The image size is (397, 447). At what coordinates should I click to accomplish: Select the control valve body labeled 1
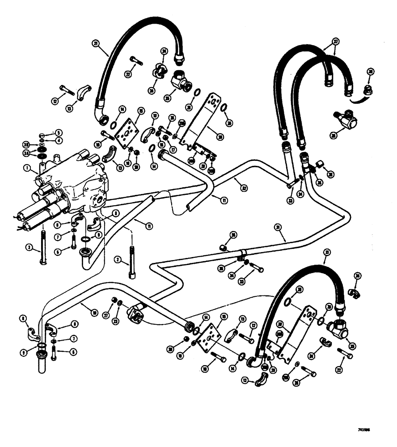pos(76,183)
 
